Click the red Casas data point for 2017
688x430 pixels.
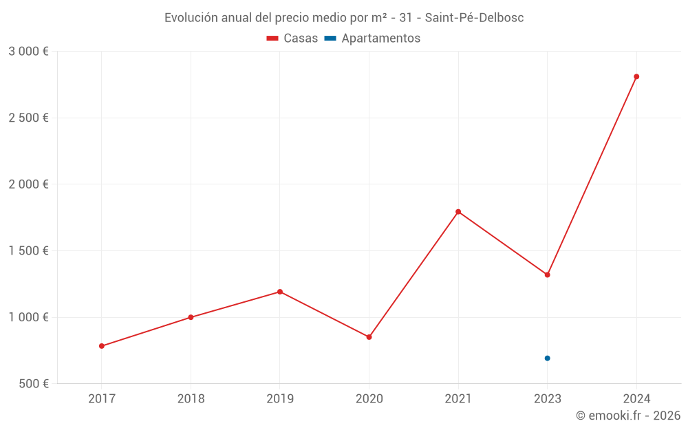coord(102,346)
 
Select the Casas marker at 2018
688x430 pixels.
coord(191,317)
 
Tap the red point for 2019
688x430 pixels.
coord(280,292)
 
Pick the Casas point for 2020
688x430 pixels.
coord(369,337)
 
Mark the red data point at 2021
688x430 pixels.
coord(458,212)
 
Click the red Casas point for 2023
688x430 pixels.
coord(547,275)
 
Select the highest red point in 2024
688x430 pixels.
coord(636,76)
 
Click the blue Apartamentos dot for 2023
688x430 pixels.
coord(547,358)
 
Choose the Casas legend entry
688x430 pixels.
coord(292,39)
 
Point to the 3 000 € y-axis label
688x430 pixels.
coord(28,52)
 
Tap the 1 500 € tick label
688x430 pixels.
coord(28,251)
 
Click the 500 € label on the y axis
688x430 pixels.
coord(33,384)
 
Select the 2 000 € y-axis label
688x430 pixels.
coord(28,184)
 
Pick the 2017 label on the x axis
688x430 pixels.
coord(102,398)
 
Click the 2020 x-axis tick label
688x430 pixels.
coord(369,398)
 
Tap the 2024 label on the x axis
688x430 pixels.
coord(636,398)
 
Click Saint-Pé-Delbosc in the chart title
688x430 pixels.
coord(474,18)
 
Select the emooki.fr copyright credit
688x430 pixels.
coord(628,416)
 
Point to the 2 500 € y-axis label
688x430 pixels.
coord(28,118)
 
